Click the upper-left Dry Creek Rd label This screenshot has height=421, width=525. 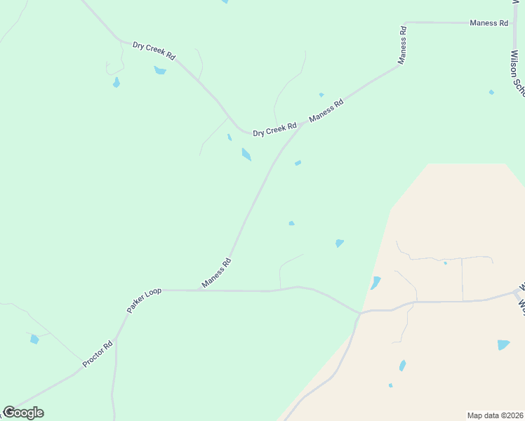(x=154, y=50)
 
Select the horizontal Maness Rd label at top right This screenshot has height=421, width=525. (x=489, y=23)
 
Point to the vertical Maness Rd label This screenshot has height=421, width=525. (x=403, y=45)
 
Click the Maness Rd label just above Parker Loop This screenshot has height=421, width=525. (x=216, y=273)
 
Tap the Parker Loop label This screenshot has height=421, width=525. (x=144, y=300)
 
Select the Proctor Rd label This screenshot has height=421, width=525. (x=98, y=354)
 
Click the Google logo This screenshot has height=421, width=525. (x=22, y=413)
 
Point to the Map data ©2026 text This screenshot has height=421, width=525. (x=495, y=415)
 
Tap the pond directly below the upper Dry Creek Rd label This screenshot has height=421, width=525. (x=160, y=70)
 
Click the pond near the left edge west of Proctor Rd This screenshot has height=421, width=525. (x=34, y=340)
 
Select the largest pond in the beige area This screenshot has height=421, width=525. (x=503, y=345)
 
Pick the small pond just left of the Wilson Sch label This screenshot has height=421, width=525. (x=491, y=92)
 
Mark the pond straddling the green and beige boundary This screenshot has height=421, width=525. (x=376, y=283)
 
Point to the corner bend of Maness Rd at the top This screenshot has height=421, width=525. (x=406, y=23)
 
